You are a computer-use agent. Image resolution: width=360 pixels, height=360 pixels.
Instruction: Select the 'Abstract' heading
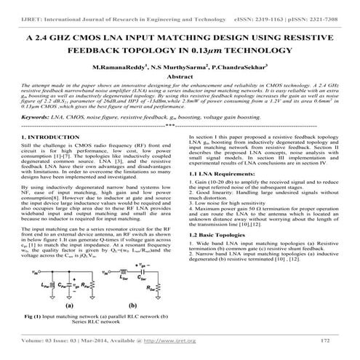(x=180, y=75)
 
